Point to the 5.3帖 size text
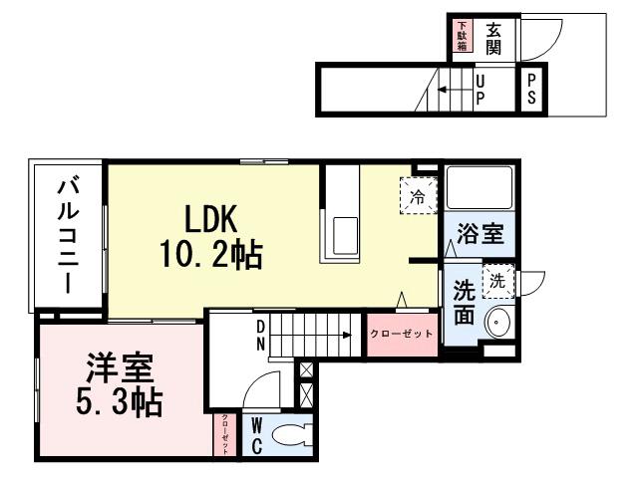click(119, 403)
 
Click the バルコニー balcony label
click(69, 235)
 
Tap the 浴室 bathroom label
click(479, 236)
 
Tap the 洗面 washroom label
click(465, 304)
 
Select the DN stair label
click(260, 336)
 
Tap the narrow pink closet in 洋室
click(225, 435)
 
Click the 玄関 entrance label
click(493, 40)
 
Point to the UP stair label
click(480, 90)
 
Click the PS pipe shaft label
click(532, 90)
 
